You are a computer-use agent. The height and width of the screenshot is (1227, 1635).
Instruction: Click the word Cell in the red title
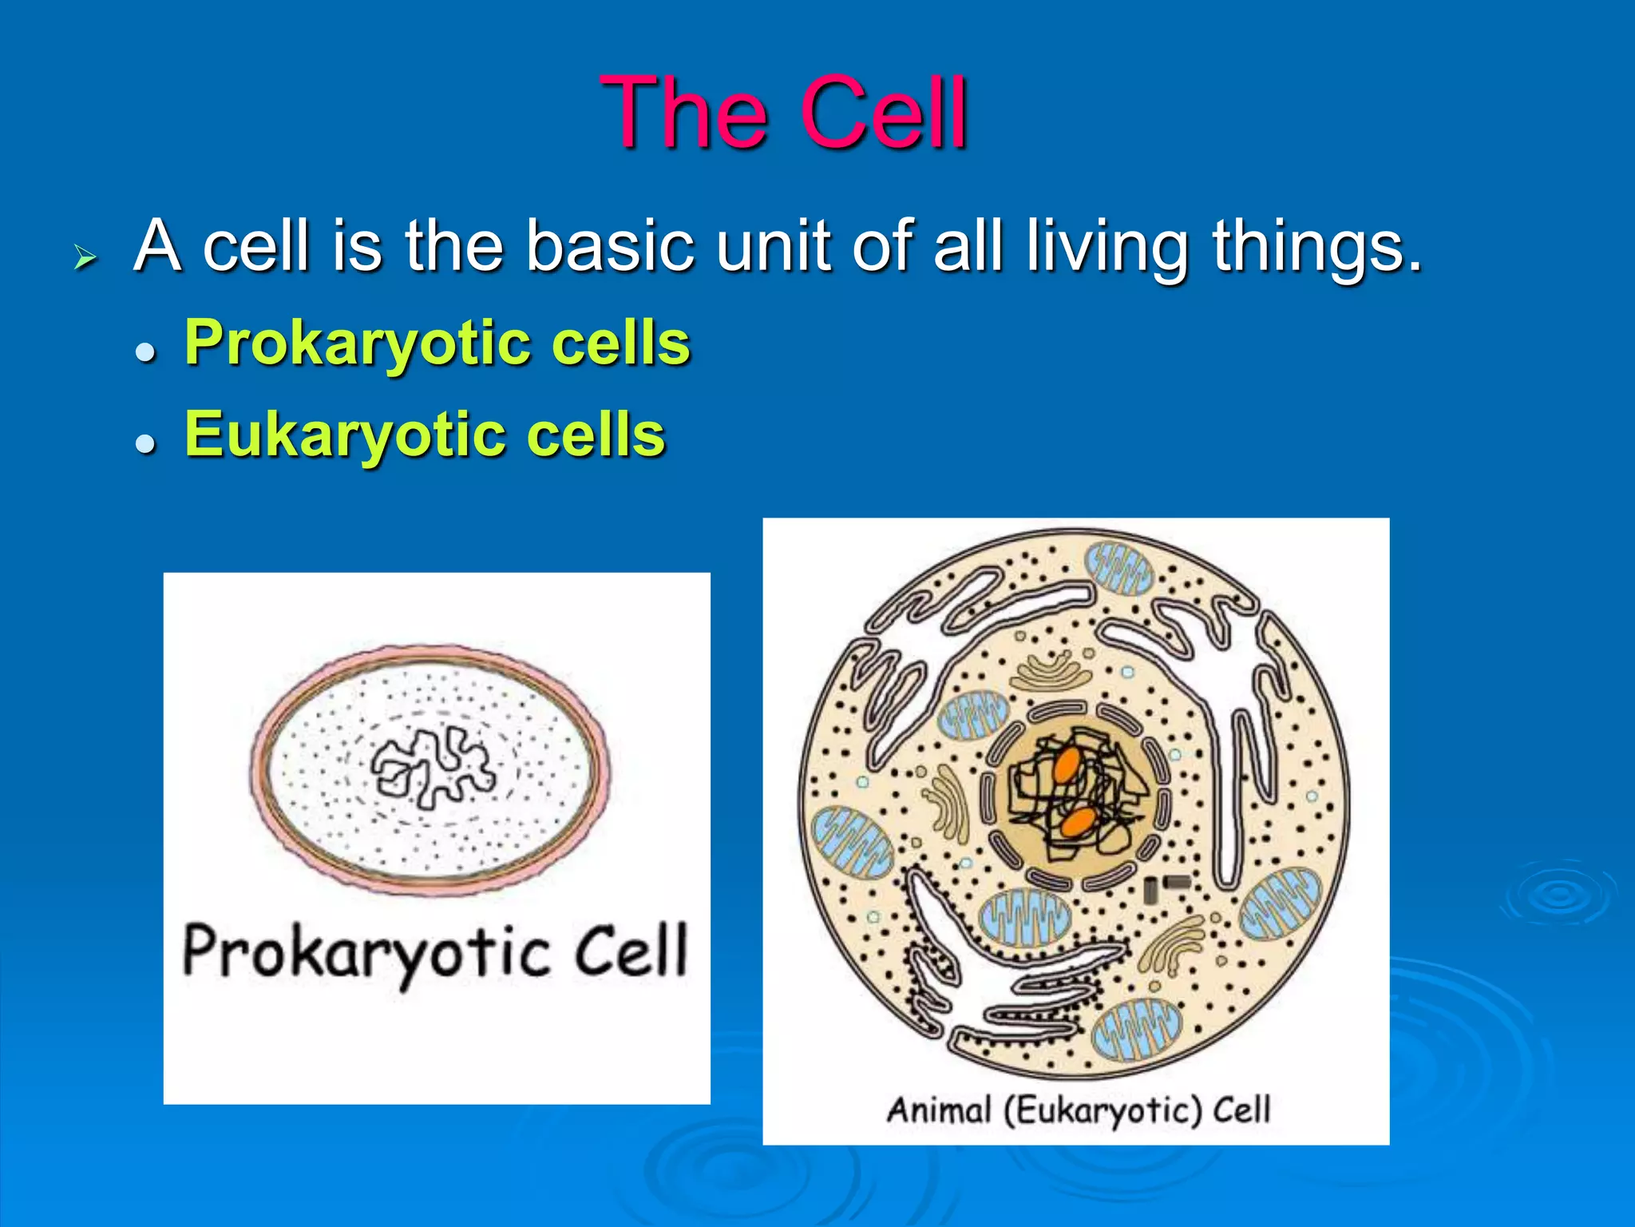tap(885, 113)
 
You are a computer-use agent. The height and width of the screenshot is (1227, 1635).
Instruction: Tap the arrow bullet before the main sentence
tap(85, 257)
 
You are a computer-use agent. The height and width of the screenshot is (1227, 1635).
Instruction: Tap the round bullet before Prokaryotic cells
tap(144, 351)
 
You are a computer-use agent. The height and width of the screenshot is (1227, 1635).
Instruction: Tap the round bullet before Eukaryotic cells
tap(144, 443)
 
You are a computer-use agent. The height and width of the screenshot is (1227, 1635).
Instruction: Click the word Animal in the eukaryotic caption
tap(939, 1110)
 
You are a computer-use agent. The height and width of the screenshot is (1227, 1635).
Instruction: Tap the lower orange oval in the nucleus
tap(1079, 822)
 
